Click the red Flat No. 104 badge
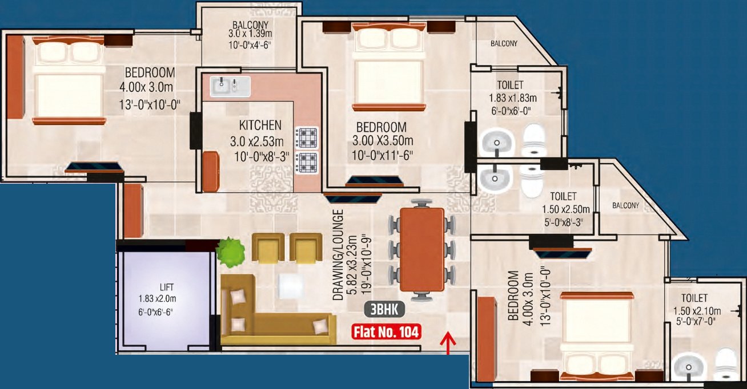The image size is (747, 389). pos(386,331)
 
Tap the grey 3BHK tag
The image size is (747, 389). pos(384,310)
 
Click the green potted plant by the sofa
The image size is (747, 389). pos(230,252)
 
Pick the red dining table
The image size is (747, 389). pos(422,249)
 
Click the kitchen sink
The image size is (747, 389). pos(230,87)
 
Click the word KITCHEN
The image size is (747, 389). pos(260,125)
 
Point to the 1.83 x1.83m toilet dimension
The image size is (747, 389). pos(512,98)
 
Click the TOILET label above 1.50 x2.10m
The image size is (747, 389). pos(694,298)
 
